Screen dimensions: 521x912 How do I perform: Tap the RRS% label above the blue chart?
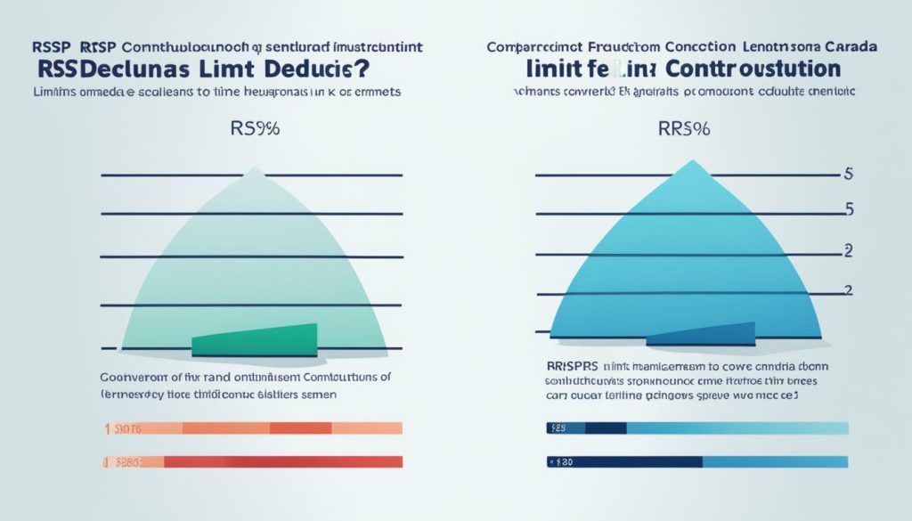[685, 129]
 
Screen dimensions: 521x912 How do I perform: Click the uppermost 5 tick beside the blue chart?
[848, 175]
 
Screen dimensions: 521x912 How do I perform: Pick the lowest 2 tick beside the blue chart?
[848, 290]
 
